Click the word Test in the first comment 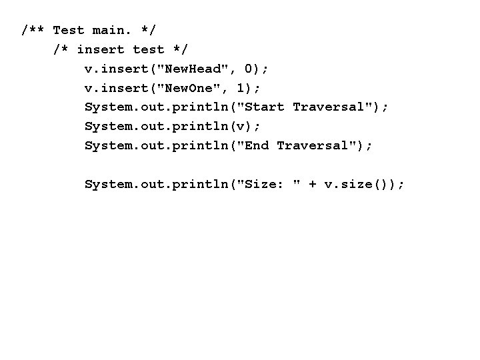(x=69, y=30)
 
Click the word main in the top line (x=111, y=30)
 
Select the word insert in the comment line (x=101, y=49)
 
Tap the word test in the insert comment (x=149, y=49)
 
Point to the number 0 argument (x=249, y=69)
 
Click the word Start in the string (x=265, y=107)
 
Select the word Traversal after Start (x=331, y=107)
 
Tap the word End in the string (x=257, y=145)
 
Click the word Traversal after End (x=315, y=145)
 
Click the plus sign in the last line (x=313, y=184)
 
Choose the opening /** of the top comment (x=33, y=30)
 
